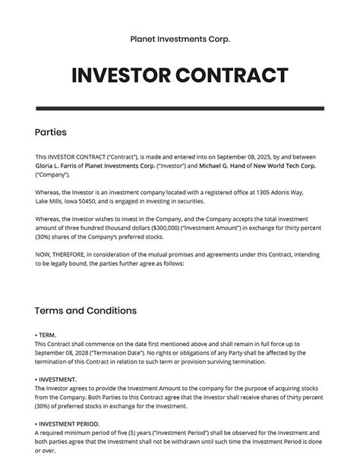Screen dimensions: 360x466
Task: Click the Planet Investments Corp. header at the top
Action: pos(180,39)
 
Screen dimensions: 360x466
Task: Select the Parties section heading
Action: pos(52,132)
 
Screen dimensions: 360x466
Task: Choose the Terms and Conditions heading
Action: pos(86,310)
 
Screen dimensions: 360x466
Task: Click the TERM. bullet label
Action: pos(46,334)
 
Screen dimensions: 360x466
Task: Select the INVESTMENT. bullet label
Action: pos(55,379)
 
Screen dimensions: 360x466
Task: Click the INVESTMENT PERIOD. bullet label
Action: pos(67,423)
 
